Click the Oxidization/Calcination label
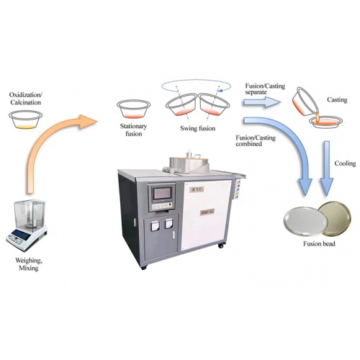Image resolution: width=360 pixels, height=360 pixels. click(x=26, y=99)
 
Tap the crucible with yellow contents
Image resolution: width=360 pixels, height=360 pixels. click(x=25, y=120)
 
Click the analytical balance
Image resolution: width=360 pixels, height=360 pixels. click(x=27, y=225)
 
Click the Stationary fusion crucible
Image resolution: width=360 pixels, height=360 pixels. click(x=133, y=109)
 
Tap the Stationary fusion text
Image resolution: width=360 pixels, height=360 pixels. click(x=133, y=130)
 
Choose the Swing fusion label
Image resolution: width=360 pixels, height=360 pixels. click(x=198, y=128)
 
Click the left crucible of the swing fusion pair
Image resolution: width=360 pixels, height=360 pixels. click(x=181, y=104)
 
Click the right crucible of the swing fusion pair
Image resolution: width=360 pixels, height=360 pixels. click(x=215, y=104)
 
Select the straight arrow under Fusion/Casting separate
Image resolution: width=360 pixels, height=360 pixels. click(x=262, y=102)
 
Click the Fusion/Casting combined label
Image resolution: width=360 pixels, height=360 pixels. click(x=256, y=141)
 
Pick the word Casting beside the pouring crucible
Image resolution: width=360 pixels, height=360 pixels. click(x=337, y=99)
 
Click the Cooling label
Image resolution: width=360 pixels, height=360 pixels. click(x=345, y=163)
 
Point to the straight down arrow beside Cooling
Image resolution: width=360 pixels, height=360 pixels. click(x=327, y=168)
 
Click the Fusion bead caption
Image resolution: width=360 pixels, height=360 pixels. click(x=319, y=244)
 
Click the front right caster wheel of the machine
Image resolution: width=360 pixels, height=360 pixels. click(x=220, y=246)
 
